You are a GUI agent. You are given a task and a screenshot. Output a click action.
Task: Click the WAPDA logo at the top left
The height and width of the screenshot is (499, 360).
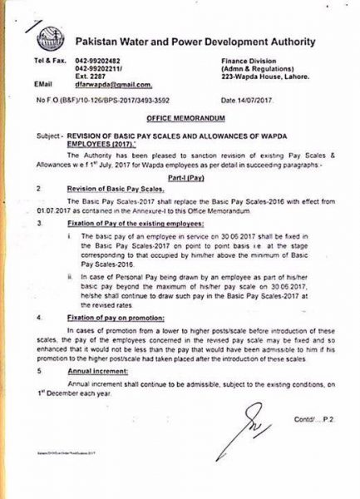pyautogui.click(x=51, y=38)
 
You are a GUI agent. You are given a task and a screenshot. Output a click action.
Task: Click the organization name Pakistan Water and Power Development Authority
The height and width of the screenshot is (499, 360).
pyautogui.click(x=197, y=41)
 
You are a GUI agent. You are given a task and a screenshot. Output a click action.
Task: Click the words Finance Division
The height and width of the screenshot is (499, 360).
pyautogui.click(x=247, y=62)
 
